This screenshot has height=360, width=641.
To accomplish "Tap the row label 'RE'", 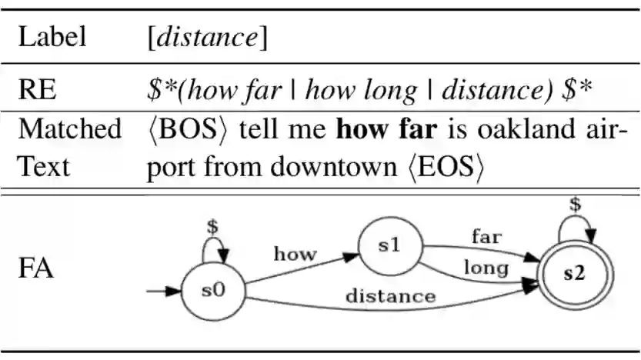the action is click(x=36, y=91).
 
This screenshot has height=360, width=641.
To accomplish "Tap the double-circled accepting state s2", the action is click(x=572, y=275).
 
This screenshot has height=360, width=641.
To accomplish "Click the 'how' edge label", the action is click(x=294, y=254).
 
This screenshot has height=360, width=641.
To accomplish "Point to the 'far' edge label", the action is click(x=486, y=237).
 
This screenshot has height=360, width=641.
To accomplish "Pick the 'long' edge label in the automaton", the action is click(x=486, y=268).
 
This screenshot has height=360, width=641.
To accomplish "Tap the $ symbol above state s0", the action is click(x=213, y=228).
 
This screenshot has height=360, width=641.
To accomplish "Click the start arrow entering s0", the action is click(x=162, y=292).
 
